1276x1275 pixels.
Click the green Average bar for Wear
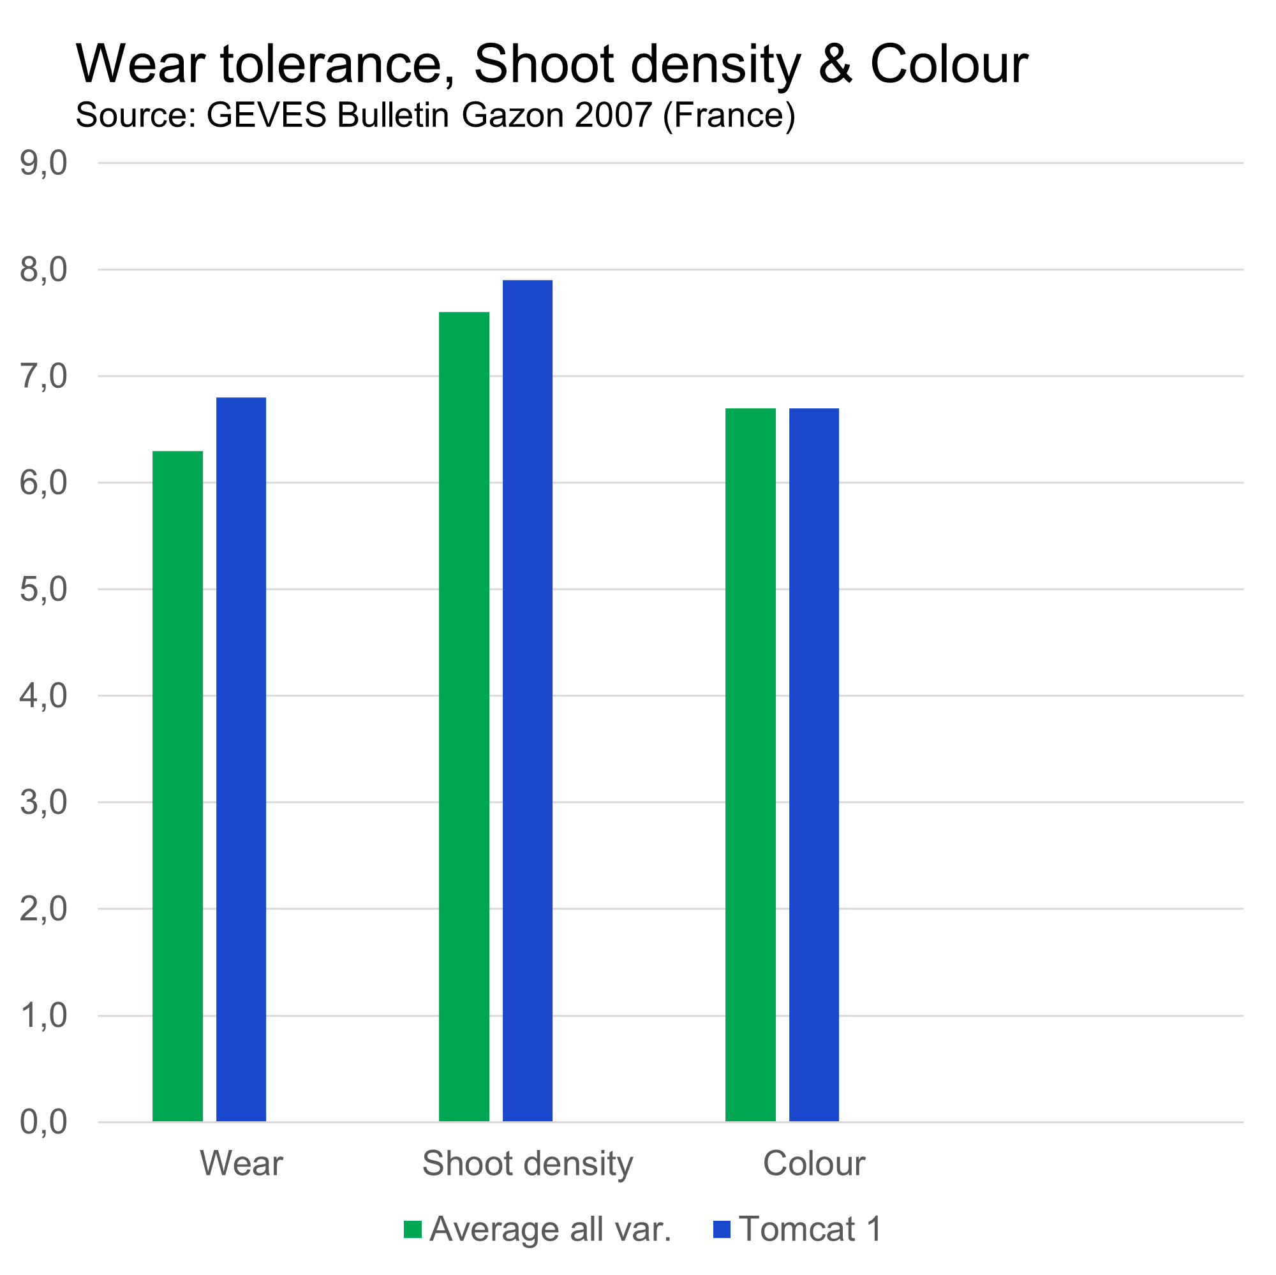(177, 786)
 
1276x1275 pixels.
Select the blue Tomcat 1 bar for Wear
(241, 759)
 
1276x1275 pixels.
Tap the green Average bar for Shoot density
(464, 716)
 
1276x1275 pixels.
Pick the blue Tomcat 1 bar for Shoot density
(528, 700)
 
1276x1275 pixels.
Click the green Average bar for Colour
(750, 765)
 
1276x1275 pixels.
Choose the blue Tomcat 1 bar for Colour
(813, 765)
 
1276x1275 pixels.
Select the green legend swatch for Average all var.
(413, 1230)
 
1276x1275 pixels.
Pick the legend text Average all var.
(550, 1230)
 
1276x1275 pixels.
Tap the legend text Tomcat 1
(810, 1230)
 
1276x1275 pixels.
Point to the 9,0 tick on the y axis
(43, 163)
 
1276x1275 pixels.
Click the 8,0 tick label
(43, 270)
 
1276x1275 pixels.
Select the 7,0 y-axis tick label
(43, 376)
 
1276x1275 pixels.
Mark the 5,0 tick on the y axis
(43, 589)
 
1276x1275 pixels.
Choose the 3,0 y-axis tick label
(43, 802)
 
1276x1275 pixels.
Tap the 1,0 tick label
(43, 1015)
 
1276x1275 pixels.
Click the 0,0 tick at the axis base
(43, 1122)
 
